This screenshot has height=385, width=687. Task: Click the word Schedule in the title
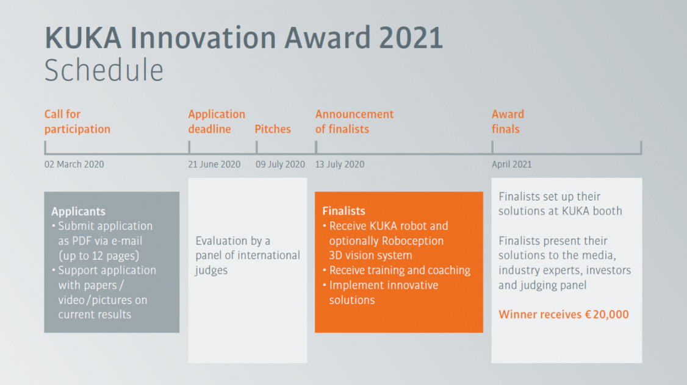click(104, 70)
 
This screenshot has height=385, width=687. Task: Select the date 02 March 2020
click(74, 164)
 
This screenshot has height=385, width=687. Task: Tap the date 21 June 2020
click(214, 164)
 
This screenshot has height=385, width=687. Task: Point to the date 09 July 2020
click(281, 164)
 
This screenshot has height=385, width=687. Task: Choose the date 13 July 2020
click(340, 164)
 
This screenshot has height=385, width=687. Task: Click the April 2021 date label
click(511, 164)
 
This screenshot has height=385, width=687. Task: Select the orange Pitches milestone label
click(273, 129)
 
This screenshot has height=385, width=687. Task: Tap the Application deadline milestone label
click(217, 122)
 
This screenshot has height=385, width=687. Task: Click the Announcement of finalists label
click(354, 122)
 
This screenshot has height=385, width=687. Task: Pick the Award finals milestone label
click(508, 122)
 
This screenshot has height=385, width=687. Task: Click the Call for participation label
click(77, 122)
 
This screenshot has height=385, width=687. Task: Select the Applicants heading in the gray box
click(79, 211)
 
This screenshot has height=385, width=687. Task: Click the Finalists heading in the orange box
click(343, 211)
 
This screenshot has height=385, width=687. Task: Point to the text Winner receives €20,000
click(563, 314)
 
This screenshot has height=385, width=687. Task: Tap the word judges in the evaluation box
click(211, 270)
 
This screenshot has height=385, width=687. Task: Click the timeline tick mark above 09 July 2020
click(257, 147)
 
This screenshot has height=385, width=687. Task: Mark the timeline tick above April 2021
click(492, 147)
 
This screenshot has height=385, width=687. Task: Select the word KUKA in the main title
click(83, 38)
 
